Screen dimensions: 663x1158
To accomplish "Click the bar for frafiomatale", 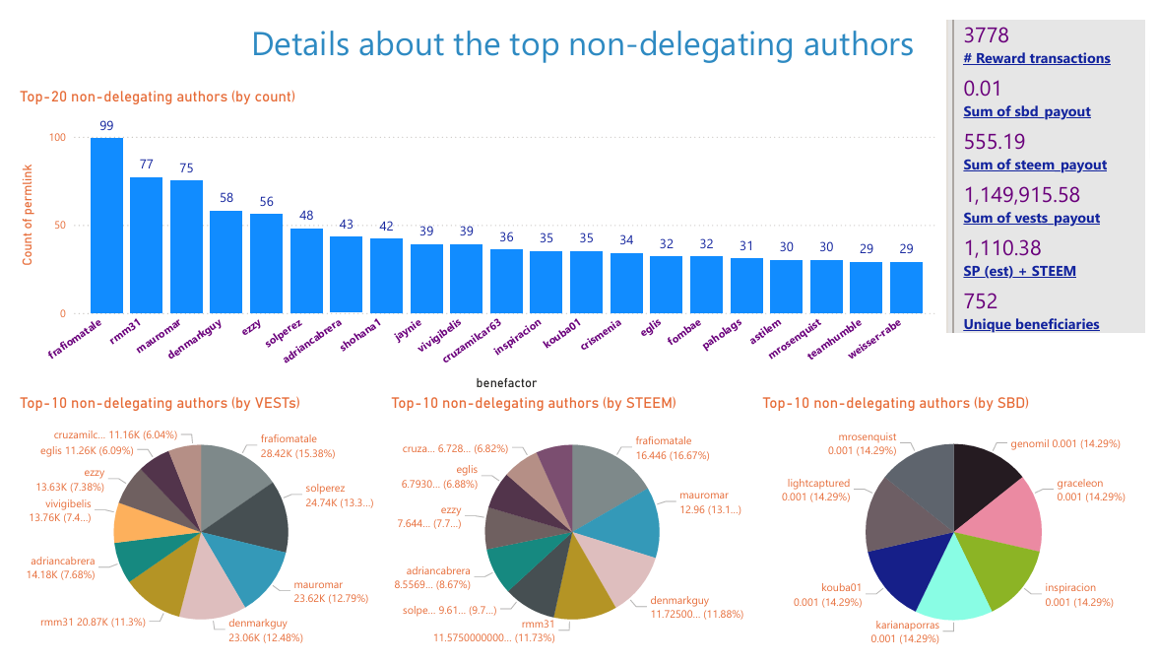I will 106,226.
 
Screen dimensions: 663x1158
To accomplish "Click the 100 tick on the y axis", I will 56,138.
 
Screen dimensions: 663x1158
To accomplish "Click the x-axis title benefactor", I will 506,381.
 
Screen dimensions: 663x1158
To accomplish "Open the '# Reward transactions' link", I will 1037,59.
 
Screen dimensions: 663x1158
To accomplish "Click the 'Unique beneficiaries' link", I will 1031,324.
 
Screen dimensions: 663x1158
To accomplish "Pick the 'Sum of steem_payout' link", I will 1035,166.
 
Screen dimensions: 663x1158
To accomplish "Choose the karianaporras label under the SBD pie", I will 906,625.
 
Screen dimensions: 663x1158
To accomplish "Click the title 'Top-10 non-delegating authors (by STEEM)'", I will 533,403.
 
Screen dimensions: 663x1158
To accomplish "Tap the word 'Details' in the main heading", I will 298,44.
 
